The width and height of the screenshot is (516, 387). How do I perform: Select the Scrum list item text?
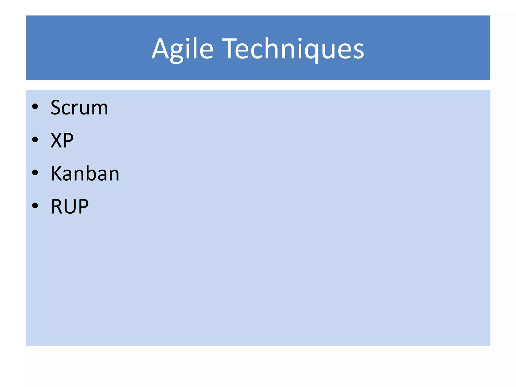tap(79, 108)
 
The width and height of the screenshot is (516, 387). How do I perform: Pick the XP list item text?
tap(62, 140)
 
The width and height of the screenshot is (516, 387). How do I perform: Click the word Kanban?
tap(85, 174)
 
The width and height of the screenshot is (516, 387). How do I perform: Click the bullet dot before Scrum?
tap(35, 107)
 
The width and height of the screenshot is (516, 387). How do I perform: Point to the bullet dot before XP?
tap(35, 140)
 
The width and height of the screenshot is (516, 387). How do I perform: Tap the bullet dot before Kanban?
tap(35, 173)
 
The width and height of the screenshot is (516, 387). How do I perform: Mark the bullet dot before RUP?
tap(35, 206)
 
